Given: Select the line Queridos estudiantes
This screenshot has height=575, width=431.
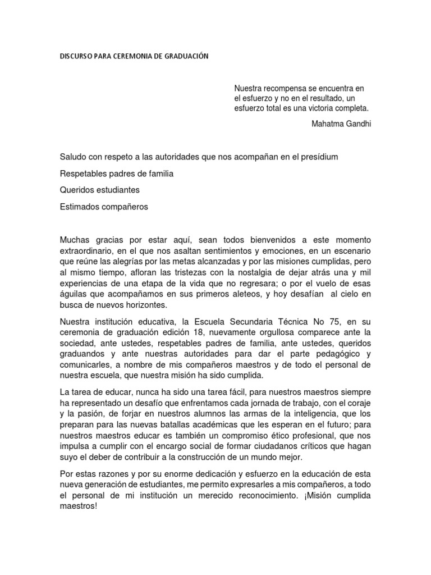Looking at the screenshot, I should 99,190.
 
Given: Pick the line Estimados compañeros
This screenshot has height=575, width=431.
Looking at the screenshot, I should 103,207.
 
